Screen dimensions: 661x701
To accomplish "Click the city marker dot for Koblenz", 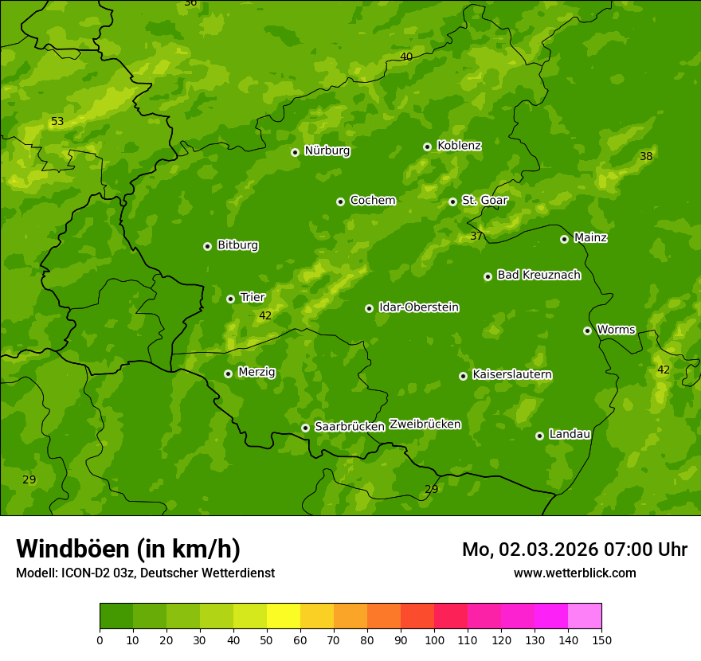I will pos(427,147).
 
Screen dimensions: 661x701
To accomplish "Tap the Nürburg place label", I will pos(327,151).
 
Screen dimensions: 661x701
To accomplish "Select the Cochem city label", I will pos(372,201).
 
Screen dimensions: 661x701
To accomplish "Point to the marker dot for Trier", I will pos(230,299).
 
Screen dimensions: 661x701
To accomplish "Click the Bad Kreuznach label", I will pos(538,275).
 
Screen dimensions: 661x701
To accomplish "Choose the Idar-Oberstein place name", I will pos(418,307).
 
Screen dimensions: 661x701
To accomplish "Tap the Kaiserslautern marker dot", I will pos(463,376).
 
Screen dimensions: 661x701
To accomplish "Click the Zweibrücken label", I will pos(425,424).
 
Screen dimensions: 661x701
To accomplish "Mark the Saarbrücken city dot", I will pos(305,428).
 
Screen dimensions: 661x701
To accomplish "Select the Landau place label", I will pos(570,434).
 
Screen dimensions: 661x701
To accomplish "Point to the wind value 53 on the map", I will pos(57,122).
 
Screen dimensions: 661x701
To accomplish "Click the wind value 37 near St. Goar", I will pos(476,237).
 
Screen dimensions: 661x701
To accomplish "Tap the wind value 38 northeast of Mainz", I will pos(646,157).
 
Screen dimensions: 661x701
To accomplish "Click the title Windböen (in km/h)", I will pos(128,549).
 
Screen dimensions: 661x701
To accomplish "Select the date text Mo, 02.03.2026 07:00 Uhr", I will pos(574,550).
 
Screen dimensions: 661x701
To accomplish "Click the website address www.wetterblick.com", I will pos(574,573).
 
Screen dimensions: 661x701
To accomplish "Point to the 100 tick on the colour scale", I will pos(434,639).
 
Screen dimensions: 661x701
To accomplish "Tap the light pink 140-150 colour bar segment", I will pos(585,616).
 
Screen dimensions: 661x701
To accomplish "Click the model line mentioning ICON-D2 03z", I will pos(145,573).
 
